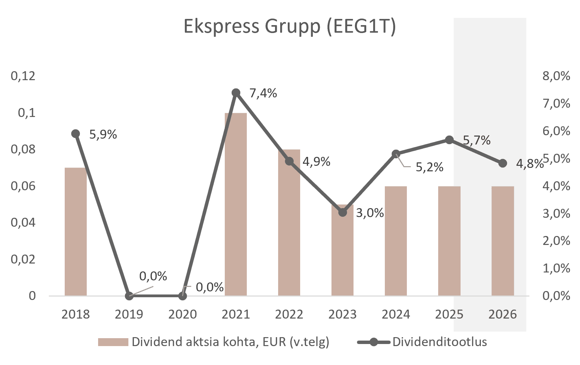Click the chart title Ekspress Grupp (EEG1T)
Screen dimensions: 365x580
(x=289, y=26)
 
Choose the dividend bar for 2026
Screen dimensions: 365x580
(x=503, y=241)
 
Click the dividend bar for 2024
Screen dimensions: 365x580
(x=396, y=241)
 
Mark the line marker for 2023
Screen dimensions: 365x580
(x=342, y=213)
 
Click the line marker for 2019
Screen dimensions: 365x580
(x=129, y=296)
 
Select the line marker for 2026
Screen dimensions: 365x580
(x=503, y=163)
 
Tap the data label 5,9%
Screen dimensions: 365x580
(x=103, y=135)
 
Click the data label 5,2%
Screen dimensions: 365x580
(x=429, y=167)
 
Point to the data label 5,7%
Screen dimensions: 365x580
(x=477, y=140)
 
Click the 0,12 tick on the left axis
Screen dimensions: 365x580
(x=23, y=76)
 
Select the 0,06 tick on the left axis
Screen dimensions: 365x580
(x=23, y=186)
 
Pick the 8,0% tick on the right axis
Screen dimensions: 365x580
(x=556, y=76)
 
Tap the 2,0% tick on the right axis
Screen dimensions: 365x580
(x=556, y=241)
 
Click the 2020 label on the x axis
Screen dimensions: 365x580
(x=182, y=314)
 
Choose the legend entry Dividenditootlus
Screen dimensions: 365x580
(x=440, y=342)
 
